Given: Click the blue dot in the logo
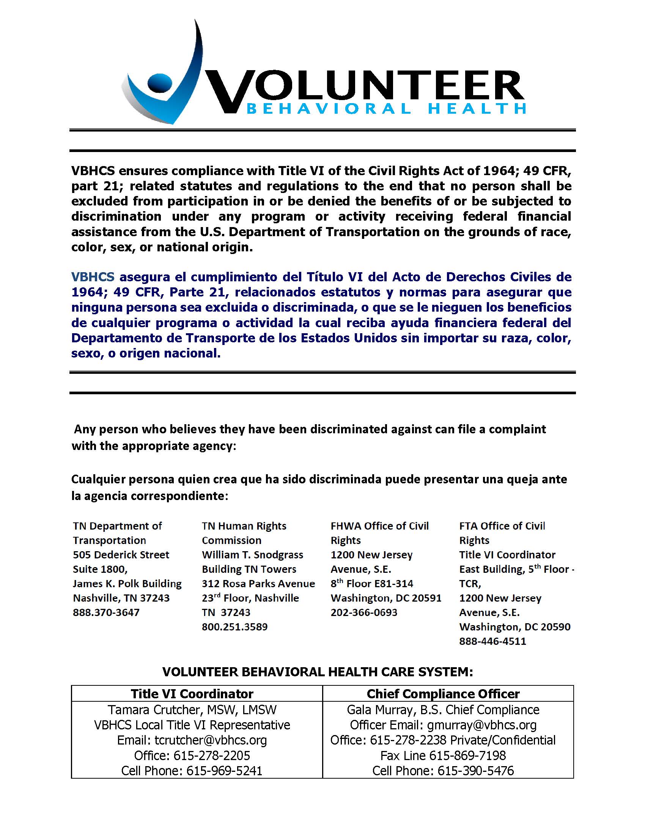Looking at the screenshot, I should [159, 83].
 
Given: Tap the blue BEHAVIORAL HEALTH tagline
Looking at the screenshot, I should [386, 109].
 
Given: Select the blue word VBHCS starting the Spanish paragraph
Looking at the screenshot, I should [93, 277].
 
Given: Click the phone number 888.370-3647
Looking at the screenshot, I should [106, 612].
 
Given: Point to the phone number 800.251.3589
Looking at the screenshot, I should [234, 627].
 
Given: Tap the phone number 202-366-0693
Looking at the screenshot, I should [364, 612].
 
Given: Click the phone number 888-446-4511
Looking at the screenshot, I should [492, 641].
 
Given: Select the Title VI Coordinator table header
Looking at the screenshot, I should [192, 693].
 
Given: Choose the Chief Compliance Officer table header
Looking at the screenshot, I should [443, 693].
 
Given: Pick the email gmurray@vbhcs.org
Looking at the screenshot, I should [482, 725].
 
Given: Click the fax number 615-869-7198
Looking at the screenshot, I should [467, 755].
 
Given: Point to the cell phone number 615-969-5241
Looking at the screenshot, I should [224, 771].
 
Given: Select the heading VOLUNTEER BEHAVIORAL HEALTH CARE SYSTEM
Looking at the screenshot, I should [318, 672].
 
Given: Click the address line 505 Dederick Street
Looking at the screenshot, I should [121, 555].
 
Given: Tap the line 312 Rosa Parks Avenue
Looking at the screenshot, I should [258, 583].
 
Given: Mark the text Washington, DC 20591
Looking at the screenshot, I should [386, 598].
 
